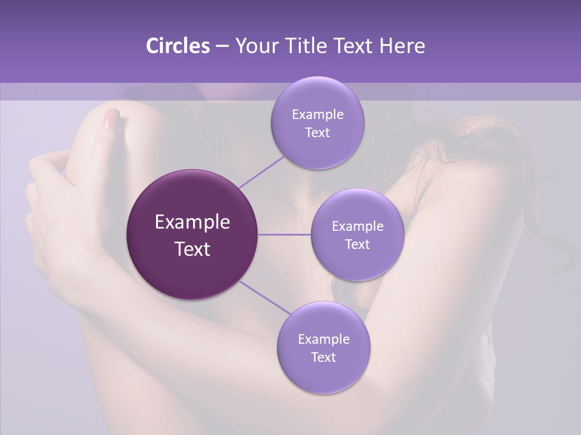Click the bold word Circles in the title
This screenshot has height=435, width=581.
[x=177, y=46]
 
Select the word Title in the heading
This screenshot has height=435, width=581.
[x=304, y=46]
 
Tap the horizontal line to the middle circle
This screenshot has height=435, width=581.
[x=284, y=234]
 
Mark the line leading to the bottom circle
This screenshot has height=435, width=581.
[x=264, y=297]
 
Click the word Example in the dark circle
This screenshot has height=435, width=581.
[x=192, y=222]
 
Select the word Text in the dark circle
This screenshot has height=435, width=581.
[x=192, y=249]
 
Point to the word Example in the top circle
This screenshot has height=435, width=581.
[x=317, y=115]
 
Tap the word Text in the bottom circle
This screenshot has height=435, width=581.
[x=323, y=357]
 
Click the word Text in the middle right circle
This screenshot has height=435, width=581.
[x=357, y=244]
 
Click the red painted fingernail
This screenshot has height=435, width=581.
[x=111, y=118]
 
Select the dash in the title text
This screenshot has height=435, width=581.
[x=222, y=47]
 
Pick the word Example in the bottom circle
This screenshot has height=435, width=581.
[x=323, y=339]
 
